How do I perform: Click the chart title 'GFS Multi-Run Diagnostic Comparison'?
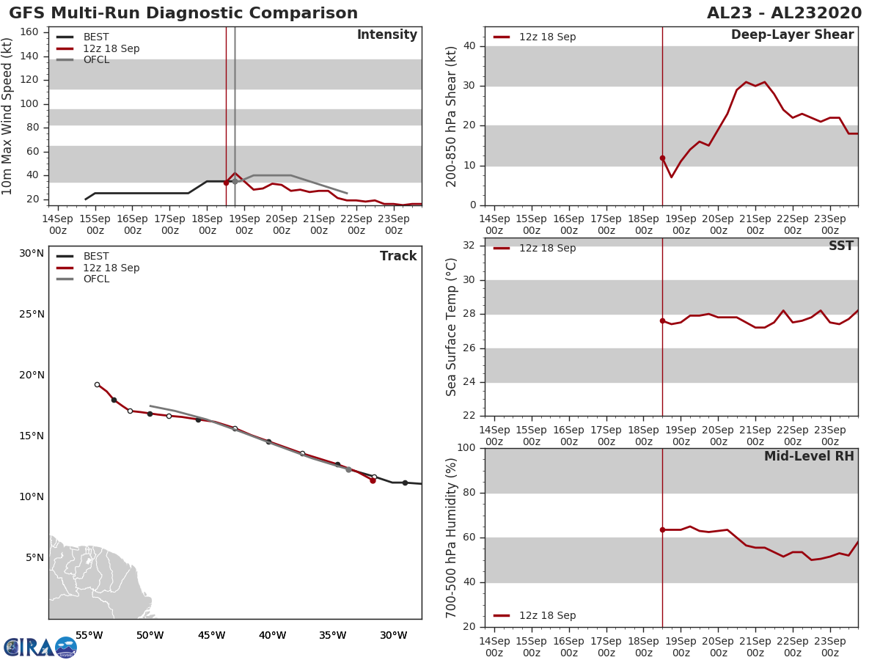[x=183, y=13]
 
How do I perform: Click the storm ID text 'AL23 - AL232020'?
[x=784, y=13]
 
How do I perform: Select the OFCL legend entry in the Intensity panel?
[x=96, y=60]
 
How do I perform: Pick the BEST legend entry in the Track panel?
[x=96, y=257]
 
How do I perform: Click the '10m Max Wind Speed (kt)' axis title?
[x=8, y=116]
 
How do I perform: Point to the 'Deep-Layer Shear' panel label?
[x=792, y=35]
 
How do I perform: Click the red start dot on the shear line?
[x=662, y=158]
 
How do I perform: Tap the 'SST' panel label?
[x=840, y=246]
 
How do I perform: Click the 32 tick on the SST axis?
[x=467, y=246]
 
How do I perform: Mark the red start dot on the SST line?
[x=662, y=320]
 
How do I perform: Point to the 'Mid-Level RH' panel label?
[x=809, y=457]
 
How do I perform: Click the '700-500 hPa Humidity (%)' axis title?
[x=452, y=538]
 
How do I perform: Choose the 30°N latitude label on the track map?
[x=32, y=254]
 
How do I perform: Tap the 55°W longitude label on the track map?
[x=89, y=635]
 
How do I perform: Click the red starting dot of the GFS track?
[x=373, y=480]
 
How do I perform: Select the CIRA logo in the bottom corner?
[x=40, y=647]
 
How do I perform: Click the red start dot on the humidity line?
[x=662, y=529]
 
